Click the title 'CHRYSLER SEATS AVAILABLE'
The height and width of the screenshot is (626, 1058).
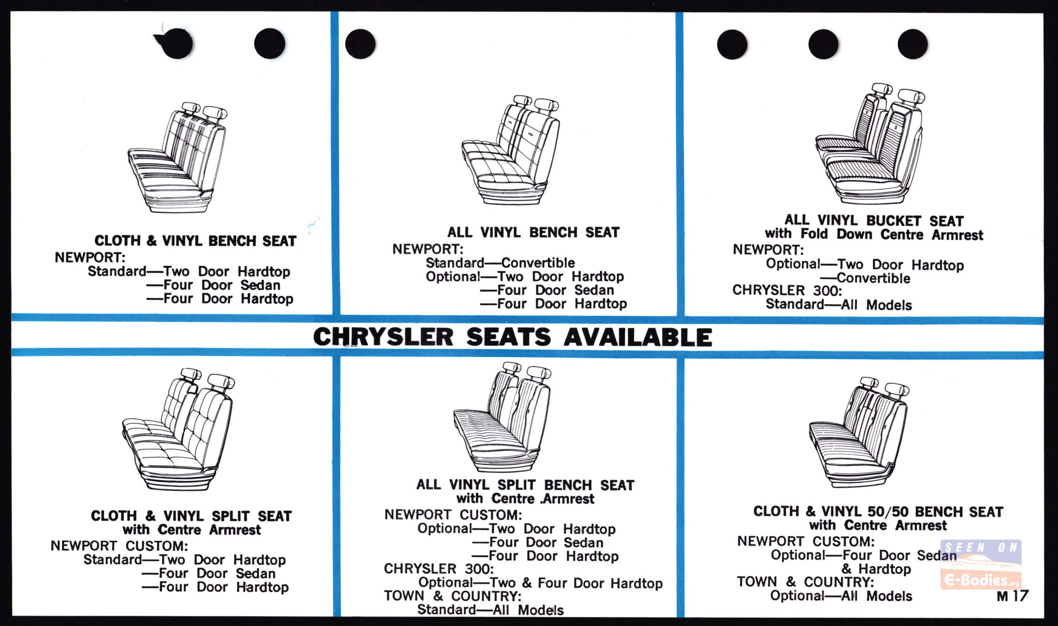coord(513,337)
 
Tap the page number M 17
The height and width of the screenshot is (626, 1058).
coord(1012,596)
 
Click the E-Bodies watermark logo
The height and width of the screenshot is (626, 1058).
coord(981,564)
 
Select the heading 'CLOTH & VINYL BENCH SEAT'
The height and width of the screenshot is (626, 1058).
coord(195,241)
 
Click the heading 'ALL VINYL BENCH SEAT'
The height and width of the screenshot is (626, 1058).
coord(533,232)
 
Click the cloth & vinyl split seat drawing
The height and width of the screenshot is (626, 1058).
coord(179,429)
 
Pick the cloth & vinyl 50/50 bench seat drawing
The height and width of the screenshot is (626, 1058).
coord(859,431)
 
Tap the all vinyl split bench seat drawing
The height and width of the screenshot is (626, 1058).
coord(502,416)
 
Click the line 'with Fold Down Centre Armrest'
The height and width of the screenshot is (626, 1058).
coord(874,234)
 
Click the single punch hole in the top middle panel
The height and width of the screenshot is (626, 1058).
coord(360,44)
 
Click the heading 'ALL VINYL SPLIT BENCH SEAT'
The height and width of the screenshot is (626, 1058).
coord(525,485)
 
